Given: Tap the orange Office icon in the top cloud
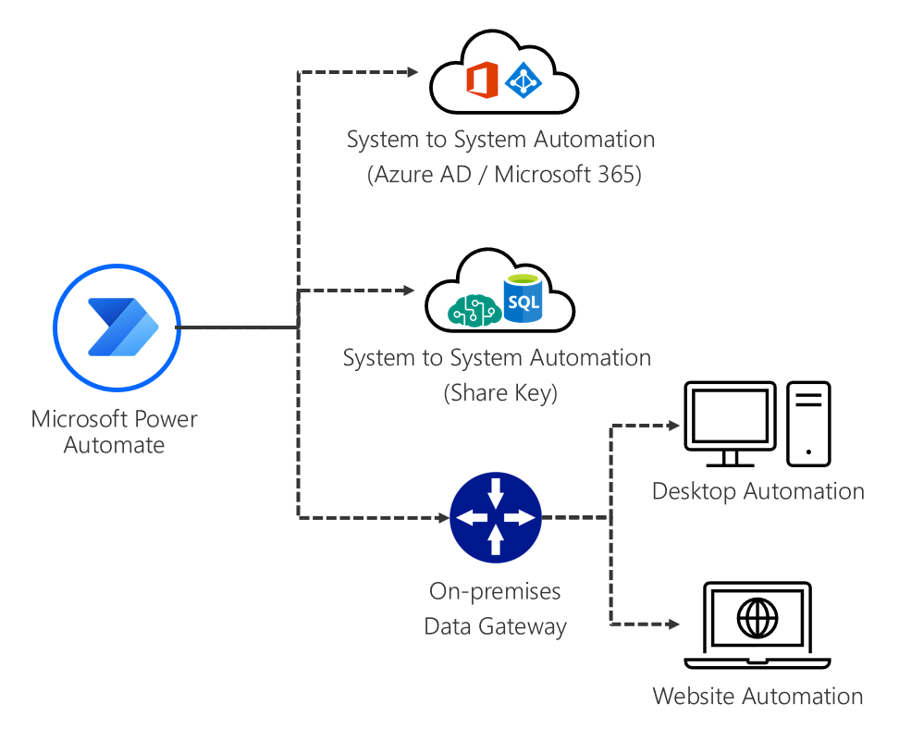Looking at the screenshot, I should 482,80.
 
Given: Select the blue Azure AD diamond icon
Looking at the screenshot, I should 524,81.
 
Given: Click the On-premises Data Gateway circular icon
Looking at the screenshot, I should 495,518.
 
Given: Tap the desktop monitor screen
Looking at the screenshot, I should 730,417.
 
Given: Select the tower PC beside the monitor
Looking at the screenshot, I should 808,423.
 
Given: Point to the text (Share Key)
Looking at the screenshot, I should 500,392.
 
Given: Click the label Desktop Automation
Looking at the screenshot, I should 758,491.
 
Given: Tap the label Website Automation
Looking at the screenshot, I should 758,696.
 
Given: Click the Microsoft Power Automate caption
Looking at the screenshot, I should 115,431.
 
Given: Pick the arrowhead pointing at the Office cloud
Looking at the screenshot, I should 414,72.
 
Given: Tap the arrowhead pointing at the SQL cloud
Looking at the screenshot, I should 409,291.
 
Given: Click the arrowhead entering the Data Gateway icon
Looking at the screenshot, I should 441,517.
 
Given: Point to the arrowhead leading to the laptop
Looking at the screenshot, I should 675,625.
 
